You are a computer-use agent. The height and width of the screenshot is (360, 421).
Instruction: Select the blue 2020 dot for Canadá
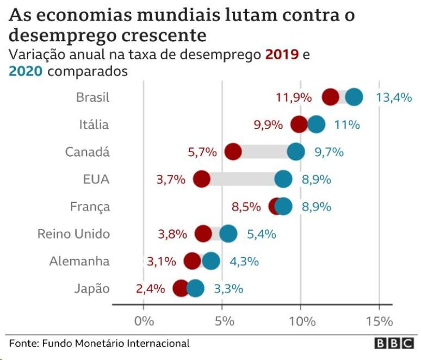pyautogui.click(x=295, y=152)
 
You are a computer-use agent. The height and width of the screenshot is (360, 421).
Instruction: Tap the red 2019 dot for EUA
pyautogui.click(x=201, y=179)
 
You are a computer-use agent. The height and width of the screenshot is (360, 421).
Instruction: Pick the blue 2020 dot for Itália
pyautogui.click(x=316, y=125)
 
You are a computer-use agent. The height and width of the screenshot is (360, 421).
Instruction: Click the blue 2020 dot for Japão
pyautogui.click(x=195, y=288)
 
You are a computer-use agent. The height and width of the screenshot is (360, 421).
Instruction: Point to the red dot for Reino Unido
pyautogui.click(x=203, y=234)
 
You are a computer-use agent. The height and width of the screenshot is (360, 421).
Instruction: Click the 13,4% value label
pyautogui.click(x=393, y=97)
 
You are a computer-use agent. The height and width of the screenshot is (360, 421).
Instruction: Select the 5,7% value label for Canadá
pyautogui.click(x=202, y=152)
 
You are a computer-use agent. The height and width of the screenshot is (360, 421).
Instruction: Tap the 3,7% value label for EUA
pyautogui.click(x=171, y=179)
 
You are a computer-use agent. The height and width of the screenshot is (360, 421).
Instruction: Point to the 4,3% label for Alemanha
pyautogui.click(x=244, y=261)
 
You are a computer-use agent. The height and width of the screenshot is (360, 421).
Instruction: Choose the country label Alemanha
pyautogui.click(x=79, y=261)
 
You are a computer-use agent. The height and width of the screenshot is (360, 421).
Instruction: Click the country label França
pyautogui.click(x=90, y=207)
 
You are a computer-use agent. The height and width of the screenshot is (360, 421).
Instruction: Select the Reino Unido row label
pyautogui.click(x=73, y=234)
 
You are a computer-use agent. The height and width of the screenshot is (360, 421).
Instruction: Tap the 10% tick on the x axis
pyautogui.click(x=301, y=321)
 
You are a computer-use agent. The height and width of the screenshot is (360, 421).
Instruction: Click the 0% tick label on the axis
pyautogui.click(x=144, y=321)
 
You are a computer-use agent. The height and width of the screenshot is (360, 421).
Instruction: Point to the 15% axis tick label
pyautogui.click(x=379, y=321)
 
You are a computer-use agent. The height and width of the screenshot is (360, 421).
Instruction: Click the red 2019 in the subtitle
pyautogui.click(x=281, y=55)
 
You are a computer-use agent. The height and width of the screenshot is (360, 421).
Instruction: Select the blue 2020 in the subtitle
pyautogui.click(x=26, y=71)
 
